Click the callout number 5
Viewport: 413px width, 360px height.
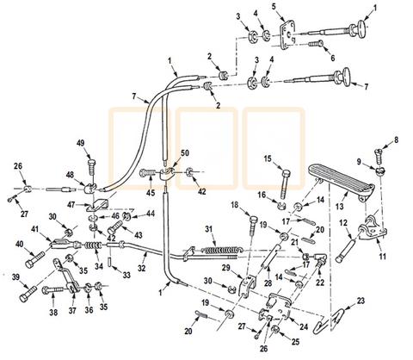[x=274, y=7]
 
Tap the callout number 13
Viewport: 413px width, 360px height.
[x=339, y=206]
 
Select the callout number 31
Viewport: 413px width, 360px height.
[x=210, y=229]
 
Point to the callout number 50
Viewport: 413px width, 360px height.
[x=185, y=152]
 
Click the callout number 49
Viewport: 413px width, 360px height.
[x=81, y=143]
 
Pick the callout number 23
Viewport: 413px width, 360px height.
[x=361, y=301]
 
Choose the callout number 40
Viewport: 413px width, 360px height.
[x=19, y=245]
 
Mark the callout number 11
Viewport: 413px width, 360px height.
[x=383, y=256]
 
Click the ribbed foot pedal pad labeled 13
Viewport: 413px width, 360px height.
[x=341, y=177]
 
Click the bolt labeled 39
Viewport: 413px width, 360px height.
[x=28, y=294]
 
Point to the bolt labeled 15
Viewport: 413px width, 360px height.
[x=285, y=183]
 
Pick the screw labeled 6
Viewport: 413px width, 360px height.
[x=316, y=44]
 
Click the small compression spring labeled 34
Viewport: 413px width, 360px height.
[x=94, y=246]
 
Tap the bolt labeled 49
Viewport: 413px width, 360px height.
[x=91, y=166]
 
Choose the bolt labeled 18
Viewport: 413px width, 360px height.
[x=253, y=226]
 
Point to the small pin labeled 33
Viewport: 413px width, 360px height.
[x=110, y=262]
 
